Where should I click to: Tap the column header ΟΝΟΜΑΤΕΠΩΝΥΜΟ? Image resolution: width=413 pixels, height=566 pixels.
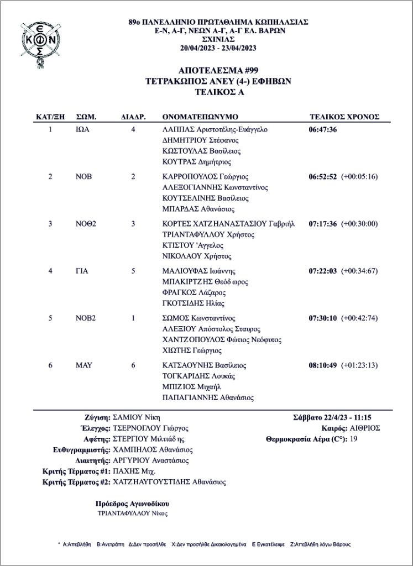click(x=200, y=117)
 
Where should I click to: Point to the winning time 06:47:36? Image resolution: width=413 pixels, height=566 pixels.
click(x=323, y=130)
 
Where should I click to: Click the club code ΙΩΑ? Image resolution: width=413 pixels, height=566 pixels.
click(x=82, y=130)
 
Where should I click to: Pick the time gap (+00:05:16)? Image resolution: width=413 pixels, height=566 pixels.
click(x=359, y=177)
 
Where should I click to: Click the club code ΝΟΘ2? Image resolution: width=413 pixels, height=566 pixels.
click(x=86, y=224)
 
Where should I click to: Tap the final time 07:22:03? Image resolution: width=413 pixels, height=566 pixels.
click(x=323, y=271)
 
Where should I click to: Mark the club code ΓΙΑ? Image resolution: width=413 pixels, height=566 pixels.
click(x=82, y=271)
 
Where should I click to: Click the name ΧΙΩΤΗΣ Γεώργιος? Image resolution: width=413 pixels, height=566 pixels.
click(x=191, y=350)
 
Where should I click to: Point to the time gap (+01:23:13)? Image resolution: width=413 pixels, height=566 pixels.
click(x=359, y=365)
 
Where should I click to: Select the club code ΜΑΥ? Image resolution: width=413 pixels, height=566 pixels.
click(x=83, y=365)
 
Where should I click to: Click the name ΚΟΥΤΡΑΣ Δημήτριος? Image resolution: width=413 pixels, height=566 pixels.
click(x=196, y=163)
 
